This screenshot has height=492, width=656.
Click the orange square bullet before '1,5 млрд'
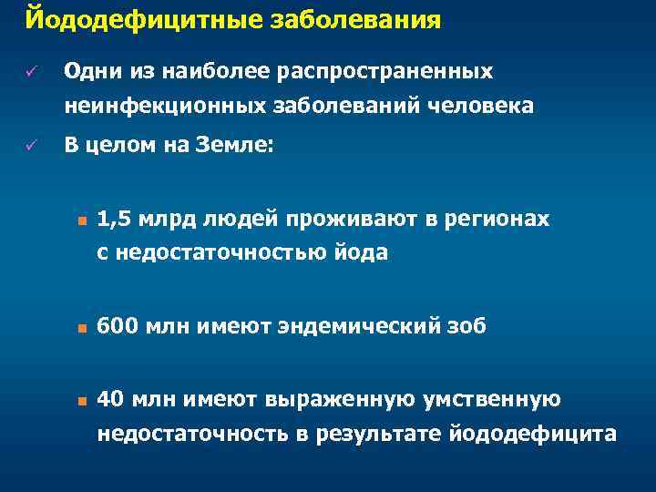point(81,220)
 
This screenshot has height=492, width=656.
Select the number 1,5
point(112,219)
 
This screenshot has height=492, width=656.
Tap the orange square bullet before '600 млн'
point(81,326)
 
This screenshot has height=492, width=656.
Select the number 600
point(116,325)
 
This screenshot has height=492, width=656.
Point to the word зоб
point(466,325)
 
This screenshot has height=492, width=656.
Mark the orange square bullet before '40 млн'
point(81,399)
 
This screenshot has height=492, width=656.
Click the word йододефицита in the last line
point(533,434)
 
